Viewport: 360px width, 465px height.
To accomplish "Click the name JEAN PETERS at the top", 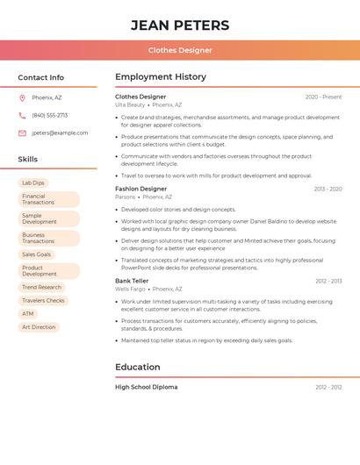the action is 180,25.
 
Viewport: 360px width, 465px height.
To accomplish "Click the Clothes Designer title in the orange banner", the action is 180,50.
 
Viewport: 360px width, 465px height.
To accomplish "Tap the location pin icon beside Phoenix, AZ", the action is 22,97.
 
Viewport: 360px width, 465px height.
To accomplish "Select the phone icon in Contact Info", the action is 22,115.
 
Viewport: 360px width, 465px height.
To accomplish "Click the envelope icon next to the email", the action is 22,133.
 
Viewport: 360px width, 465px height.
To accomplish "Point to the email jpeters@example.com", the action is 60,133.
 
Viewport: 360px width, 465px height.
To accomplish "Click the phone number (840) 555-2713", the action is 49,115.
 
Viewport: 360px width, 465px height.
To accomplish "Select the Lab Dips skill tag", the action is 33,182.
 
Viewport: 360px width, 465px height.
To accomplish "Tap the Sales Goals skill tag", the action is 37,254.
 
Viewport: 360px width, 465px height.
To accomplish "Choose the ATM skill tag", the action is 28,313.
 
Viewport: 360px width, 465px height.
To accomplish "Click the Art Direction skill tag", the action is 39,327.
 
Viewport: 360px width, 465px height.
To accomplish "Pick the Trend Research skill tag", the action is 41,287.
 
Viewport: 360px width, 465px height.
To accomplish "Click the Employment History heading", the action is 161,77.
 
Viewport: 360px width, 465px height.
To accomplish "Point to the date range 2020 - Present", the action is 323,97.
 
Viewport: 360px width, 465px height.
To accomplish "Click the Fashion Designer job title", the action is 140,189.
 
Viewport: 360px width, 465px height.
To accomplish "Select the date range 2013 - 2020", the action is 328,189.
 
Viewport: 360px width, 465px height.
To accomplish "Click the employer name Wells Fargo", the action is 130,289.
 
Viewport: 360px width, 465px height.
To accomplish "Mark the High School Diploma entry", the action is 146,387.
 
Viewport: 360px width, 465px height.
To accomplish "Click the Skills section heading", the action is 28,160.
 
